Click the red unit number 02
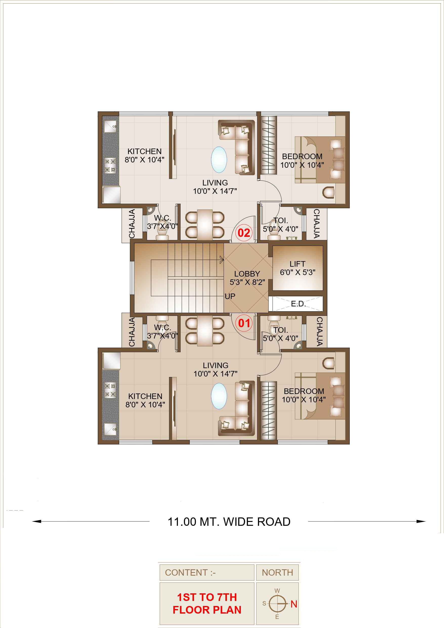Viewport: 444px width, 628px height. click(x=243, y=233)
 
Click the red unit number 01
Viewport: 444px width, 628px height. click(x=244, y=323)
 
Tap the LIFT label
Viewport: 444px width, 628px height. click(x=297, y=264)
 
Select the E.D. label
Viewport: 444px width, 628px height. click(x=298, y=304)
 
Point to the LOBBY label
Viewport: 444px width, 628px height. click(x=247, y=274)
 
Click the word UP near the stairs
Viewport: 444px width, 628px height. click(x=230, y=296)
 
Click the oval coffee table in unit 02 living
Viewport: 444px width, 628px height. click(x=219, y=160)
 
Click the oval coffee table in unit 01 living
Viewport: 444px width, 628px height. click(x=219, y=396)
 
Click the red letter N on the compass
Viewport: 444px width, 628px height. click(x=294, y=604)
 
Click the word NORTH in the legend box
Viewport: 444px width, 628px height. click(x=277, y=573)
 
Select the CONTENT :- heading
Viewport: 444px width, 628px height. click(x=191, y=573)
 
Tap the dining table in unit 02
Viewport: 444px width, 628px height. click(x=205, y=225)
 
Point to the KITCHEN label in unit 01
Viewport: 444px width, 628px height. click(x=145, y=396)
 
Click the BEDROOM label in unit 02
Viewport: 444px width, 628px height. click(x=302, y=156)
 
